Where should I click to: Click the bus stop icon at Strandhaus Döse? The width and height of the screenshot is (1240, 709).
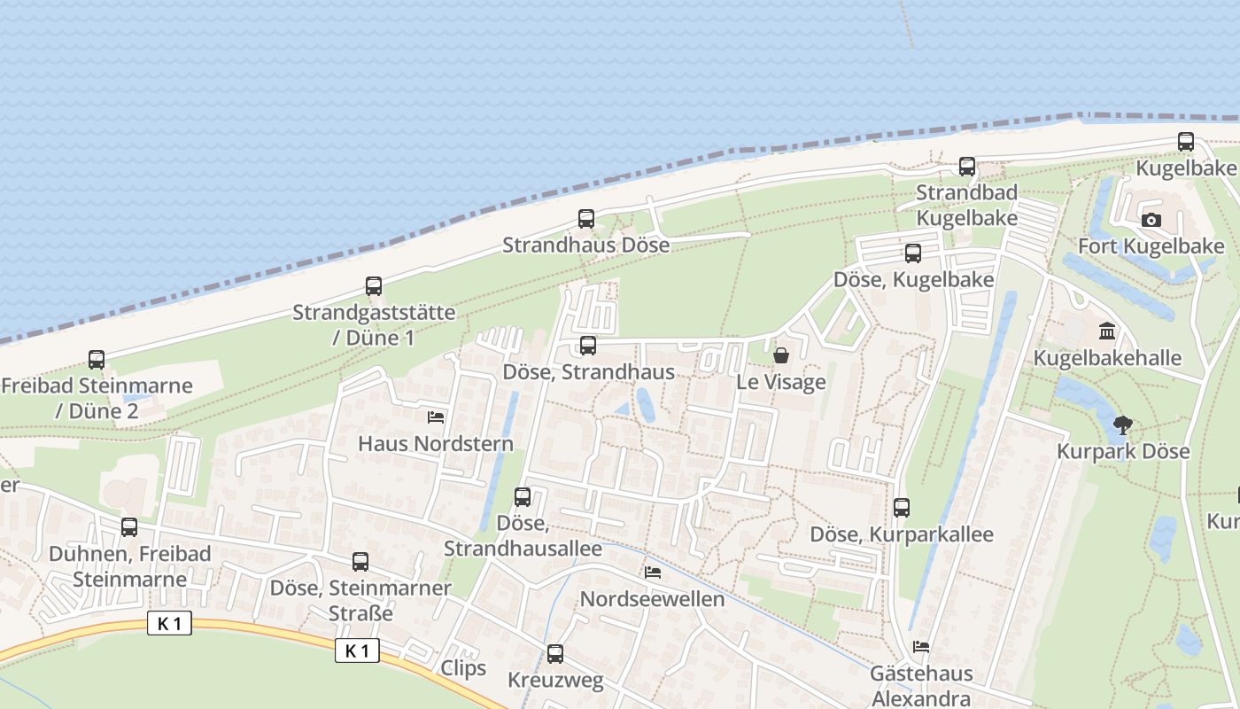click(x=585, y=219)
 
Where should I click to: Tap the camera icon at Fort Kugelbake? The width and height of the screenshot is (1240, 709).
click(x=1151, y=221)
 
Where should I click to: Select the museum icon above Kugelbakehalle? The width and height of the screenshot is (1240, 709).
click(x=1106, y=332)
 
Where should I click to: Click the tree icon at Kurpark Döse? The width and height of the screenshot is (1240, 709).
click(x=1123, y=425)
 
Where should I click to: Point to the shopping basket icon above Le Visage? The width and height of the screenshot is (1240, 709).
click(x=781, y=356)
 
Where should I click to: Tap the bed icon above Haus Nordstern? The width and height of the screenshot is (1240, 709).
click(x=436, y=417)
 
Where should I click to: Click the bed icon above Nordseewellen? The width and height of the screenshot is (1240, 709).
click(x=653, y=573)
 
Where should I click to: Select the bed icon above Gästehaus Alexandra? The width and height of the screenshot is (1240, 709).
click(x=921, y=648)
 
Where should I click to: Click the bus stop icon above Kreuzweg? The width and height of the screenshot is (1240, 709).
click(x=555, y=654)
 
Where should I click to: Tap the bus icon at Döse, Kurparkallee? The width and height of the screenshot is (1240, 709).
click(x=902, y=508)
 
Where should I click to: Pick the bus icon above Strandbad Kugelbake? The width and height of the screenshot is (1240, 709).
click(x=967, y=167)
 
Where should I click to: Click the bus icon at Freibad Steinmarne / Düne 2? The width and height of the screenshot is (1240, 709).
click(x=97, y=360)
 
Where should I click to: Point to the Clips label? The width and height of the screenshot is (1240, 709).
click(x=463, y=668)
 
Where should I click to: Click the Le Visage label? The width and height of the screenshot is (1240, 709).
click(x=781, y=383)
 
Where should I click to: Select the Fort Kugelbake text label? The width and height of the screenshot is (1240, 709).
click(x=1151, y=246)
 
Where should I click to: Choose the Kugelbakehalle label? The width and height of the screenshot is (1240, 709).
click(x=1107, y=358)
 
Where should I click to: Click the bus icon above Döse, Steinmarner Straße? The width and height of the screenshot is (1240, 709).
click(x=360, y=562)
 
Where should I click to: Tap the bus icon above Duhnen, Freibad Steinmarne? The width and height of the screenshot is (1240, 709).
click(x=129, y=527)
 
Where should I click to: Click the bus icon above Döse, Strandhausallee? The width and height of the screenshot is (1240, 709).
click(x=523, y=497)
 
